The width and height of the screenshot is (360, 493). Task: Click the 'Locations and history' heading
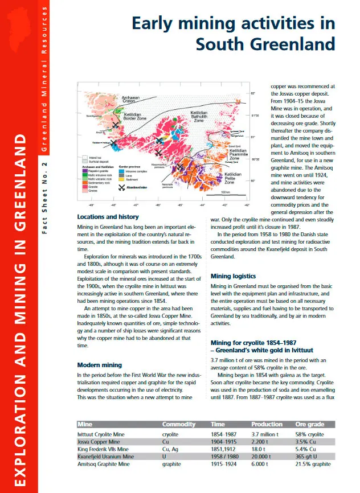point(108,217)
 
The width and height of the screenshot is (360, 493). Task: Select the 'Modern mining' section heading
point(99,365)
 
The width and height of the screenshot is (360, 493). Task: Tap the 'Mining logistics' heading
point(233,276)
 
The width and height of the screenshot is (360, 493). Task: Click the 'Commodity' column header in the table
point(179,424)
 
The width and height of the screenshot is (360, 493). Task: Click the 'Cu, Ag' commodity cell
point(171,449)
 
